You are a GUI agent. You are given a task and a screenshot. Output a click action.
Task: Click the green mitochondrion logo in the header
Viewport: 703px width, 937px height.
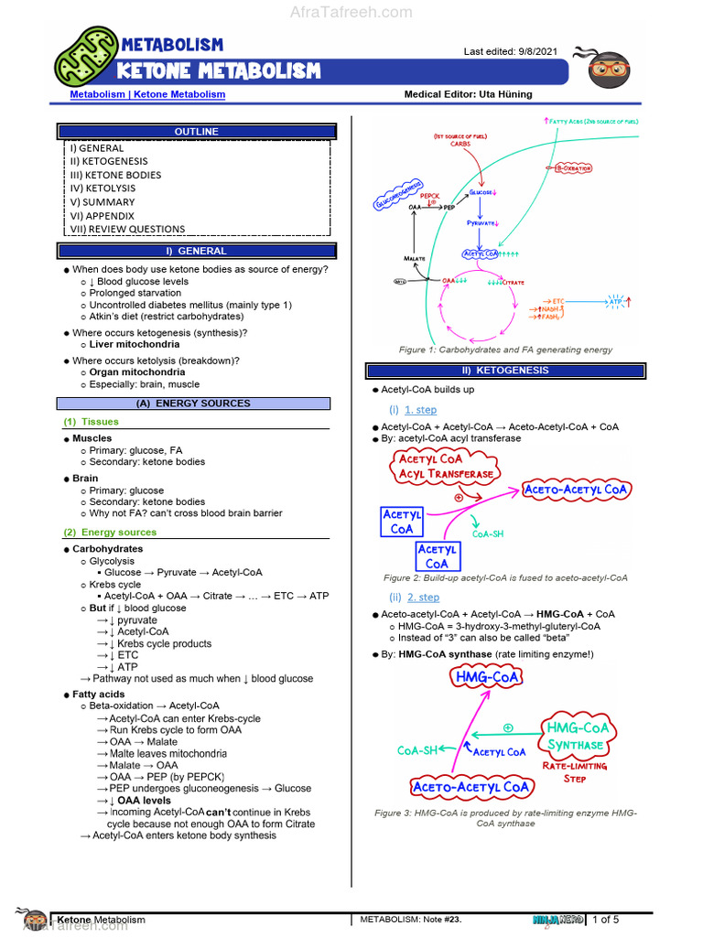click(86, 56)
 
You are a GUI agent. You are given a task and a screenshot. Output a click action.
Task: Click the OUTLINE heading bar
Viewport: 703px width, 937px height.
click(197, 132)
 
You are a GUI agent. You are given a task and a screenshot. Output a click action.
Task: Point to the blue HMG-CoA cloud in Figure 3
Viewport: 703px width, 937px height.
click(486, 678)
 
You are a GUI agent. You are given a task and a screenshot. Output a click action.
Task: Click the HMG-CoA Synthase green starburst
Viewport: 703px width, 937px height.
click(577, 736)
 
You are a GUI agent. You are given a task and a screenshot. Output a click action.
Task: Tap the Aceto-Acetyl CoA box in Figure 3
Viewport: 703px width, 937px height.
click(470, 787)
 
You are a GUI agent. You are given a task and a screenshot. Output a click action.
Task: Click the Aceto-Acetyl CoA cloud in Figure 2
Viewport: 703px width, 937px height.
click(576, 490)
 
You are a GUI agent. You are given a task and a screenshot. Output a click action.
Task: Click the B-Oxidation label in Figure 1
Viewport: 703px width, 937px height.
click(573, 168)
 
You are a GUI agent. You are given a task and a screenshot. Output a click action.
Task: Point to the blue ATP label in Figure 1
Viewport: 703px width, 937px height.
click(615, 301)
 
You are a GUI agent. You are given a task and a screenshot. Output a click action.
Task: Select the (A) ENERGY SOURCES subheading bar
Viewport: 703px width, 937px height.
click(193, 404)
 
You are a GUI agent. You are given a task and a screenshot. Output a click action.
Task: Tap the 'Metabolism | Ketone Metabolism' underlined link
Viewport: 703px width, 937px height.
click(147, 94)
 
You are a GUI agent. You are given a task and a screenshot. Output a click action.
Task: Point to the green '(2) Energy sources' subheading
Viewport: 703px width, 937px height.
click(110, 532)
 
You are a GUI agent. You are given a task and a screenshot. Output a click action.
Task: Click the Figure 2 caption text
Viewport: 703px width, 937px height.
click(505, 578)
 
